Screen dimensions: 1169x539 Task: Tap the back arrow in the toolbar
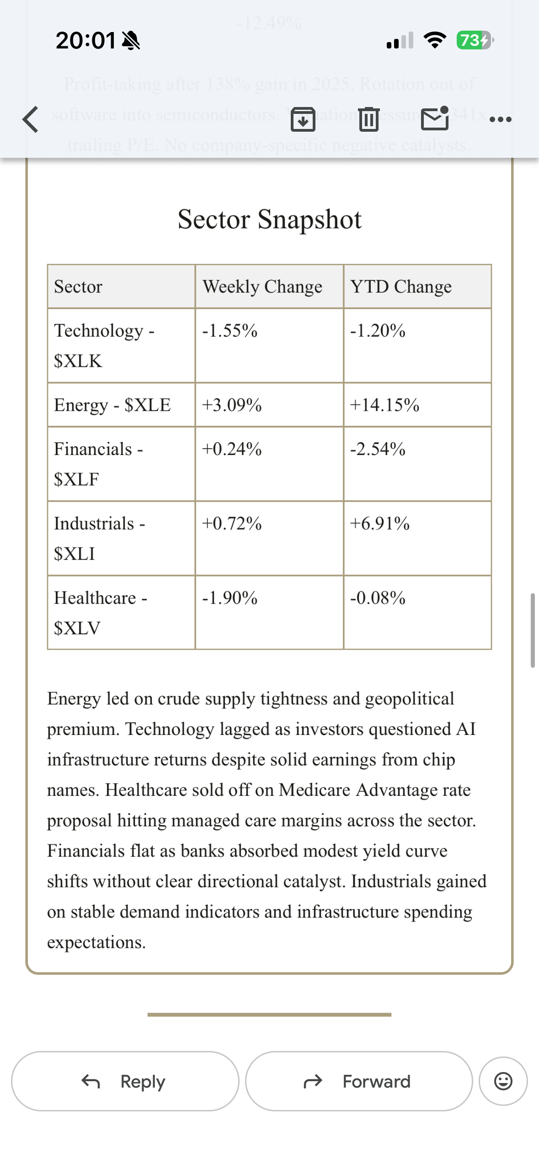point(31,119)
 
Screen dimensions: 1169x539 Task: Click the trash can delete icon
point(368,119)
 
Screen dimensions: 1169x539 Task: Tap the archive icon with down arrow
point(303,119)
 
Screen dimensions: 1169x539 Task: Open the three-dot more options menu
point(500,120)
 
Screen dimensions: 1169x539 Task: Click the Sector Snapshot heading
point(269,219)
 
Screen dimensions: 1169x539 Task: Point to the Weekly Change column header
point(262,287)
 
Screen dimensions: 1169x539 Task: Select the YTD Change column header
point(401,287)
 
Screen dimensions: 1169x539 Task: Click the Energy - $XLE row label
point(112,405)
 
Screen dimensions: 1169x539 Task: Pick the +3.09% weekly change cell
point(232,405)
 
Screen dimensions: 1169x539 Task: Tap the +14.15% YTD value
point(384,405)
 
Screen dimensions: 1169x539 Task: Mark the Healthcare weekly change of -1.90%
point(230,598)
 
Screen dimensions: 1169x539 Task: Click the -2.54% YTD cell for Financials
point(378,449)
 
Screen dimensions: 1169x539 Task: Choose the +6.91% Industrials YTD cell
point(379,523)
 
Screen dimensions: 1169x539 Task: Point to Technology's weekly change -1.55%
point(230,331)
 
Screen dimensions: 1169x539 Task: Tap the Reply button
point(125,1081)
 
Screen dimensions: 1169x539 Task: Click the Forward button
point(359,1081)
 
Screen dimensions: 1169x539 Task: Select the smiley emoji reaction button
point(503,1081)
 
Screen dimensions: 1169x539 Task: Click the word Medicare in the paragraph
point(314,790)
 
